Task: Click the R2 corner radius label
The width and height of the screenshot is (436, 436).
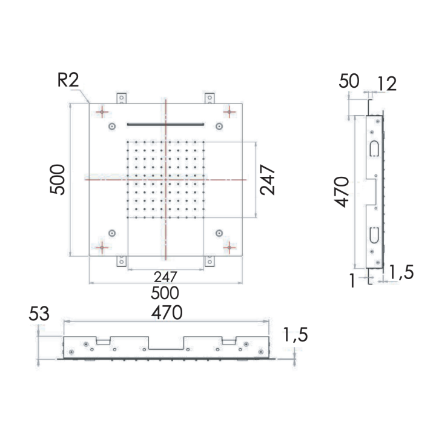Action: [x=68, y=81]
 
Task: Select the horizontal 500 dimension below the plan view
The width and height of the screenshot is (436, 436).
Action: [x=165, y=293]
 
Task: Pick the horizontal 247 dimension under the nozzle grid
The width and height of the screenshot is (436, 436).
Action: [x=165, y=277]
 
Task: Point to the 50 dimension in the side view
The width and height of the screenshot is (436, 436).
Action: [x=349, y=81]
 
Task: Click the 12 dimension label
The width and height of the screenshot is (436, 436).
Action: [x=386, y=84]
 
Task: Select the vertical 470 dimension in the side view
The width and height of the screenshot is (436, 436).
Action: [x=342, y=192]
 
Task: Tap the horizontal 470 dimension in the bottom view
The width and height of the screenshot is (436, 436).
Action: [x=167, y=313]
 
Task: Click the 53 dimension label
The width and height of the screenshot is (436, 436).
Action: [x=38, y=314]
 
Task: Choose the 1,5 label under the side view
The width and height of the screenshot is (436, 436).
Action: [x=400, y=273]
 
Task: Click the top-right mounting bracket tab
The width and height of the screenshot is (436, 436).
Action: [x=209, y=98]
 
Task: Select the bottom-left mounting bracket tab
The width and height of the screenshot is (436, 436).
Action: [x=122, y=260]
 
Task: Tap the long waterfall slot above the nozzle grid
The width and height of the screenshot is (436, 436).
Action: [x=165, y=124]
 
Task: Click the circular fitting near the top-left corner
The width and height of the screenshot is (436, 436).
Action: [x=112, y=126]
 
